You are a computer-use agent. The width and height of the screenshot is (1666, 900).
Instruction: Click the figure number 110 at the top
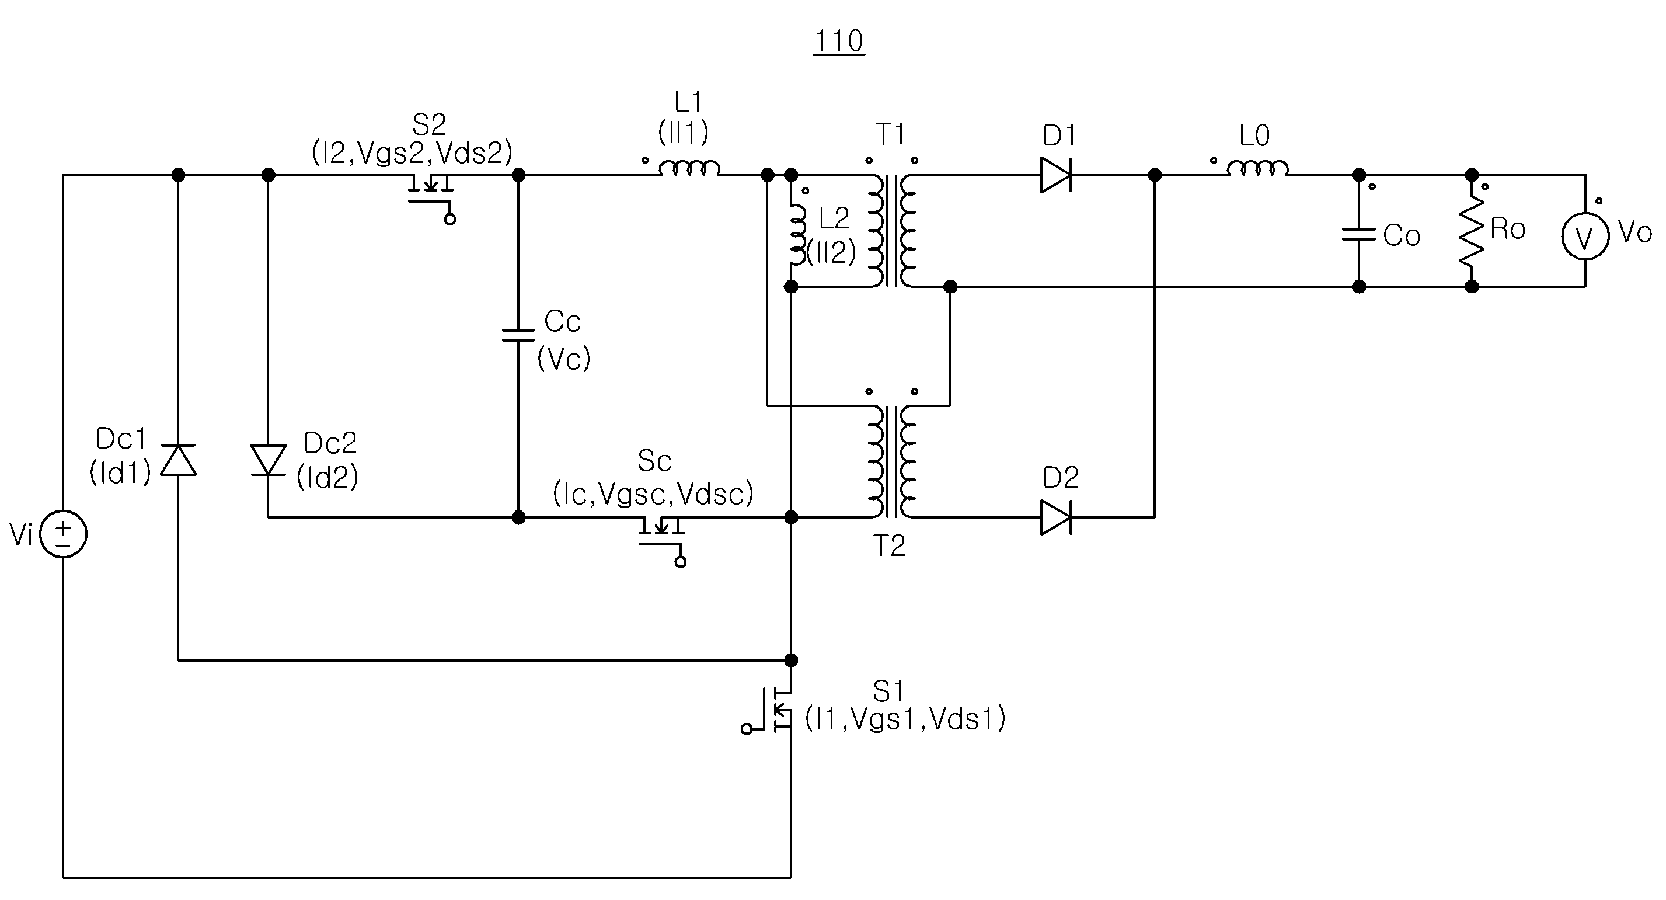tap(839, 41)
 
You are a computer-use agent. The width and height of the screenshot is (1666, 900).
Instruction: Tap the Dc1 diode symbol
tap(178, 460)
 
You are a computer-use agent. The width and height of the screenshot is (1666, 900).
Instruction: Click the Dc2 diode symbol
tap(269, 460)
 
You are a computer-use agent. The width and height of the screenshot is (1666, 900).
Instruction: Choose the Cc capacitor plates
tap(518, 335)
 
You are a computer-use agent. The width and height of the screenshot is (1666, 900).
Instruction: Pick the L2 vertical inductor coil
tap(798, 235)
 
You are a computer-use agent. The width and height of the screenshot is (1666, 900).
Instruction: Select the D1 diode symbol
tap(1055, 175)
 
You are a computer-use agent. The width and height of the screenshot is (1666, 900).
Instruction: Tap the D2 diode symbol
tap(1055, 517)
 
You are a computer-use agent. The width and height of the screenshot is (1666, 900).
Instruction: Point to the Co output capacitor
tap(1359, 234)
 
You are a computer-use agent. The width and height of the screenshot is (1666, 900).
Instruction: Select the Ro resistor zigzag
tap(1472, 230)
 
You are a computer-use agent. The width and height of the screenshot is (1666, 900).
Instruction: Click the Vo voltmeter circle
tap(1585, 236)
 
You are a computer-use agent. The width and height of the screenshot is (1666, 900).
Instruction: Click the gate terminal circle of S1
tap(747, 729)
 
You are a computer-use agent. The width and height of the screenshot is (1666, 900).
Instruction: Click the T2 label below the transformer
tap(889, 547)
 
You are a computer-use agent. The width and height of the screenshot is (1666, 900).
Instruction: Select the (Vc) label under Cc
tap(564, 359)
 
